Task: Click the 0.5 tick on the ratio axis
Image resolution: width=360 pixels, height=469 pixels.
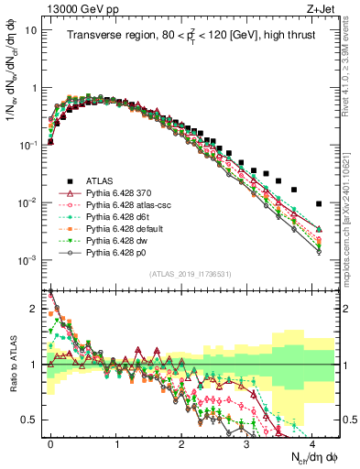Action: (34, 420)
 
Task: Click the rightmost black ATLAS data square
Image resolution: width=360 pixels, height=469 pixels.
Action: (318, 203)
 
